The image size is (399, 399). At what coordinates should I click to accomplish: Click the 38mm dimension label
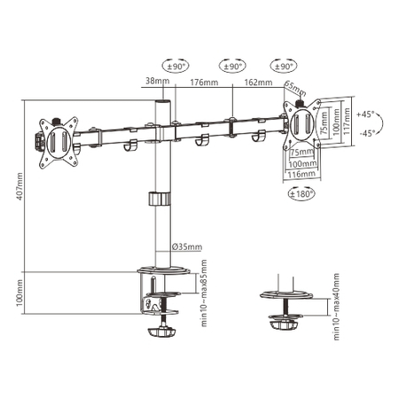click(x=156, y=82)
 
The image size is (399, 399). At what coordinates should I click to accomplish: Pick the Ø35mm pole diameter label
click(x=184, y=246)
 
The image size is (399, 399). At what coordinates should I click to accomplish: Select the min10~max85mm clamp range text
click(x=204, y=293)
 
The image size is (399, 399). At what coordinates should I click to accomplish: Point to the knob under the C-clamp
click(x=160, y=336)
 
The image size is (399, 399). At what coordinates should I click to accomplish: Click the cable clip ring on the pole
click(x=160, y=199)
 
